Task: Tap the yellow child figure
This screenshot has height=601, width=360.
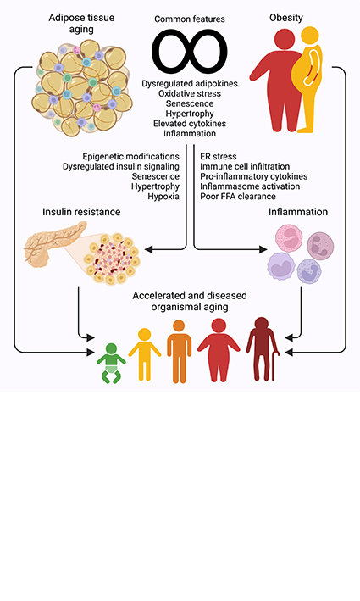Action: click(x=145, y=352)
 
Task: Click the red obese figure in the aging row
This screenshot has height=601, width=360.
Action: click(x=219, y=348)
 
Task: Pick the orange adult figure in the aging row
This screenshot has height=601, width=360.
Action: click(x=180, y=349)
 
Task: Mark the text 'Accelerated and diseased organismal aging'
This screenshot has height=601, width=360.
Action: click(x=180, y=302)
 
